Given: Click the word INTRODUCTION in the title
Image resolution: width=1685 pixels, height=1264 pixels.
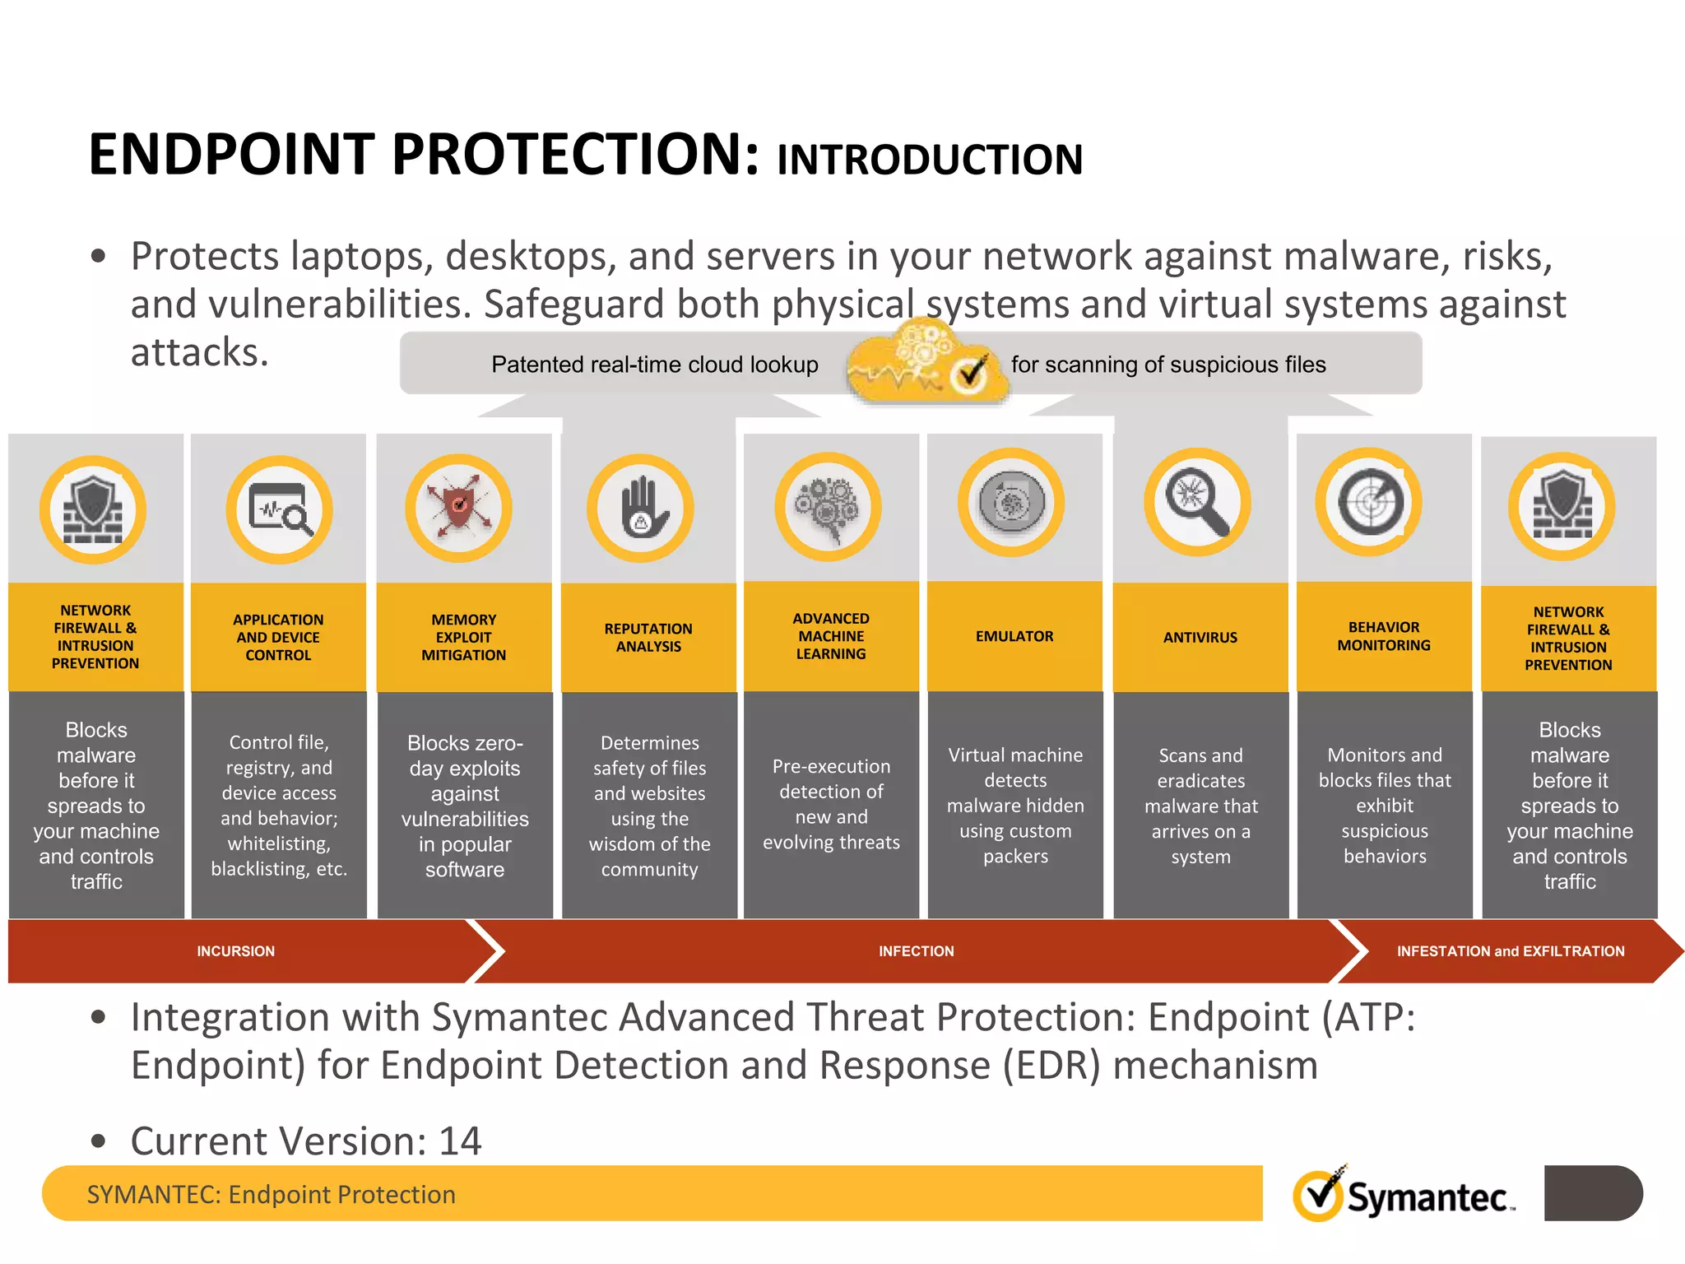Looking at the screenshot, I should (929, 160).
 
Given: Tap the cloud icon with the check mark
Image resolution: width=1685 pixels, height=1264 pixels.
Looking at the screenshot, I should (928, 365).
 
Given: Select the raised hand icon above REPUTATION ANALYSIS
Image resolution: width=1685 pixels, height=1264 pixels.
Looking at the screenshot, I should (640, 508).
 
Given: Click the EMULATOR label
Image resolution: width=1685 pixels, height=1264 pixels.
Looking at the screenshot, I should (1014, 636).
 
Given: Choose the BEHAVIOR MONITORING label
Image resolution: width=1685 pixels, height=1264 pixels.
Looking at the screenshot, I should (1383, 636).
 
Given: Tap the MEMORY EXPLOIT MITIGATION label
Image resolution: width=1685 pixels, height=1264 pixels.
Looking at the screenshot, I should (463, 637).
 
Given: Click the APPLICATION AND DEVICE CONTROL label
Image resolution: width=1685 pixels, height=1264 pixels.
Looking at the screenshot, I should (278, 637).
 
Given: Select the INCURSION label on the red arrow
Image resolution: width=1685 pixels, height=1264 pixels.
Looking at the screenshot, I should (235, 951).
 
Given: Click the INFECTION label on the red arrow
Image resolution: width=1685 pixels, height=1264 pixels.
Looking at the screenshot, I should (916, 951).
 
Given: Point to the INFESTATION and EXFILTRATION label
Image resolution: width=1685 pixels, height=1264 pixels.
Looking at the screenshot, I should (1510, 951).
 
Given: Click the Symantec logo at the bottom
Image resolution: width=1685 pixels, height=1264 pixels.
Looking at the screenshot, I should (1404, 1195).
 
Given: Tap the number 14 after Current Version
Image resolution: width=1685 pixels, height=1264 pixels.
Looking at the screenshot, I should (460, 1141).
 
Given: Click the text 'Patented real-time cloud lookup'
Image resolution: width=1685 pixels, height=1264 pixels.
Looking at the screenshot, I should (654, 365).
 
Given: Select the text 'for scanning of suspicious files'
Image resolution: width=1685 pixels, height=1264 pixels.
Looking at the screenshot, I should (1167, 365).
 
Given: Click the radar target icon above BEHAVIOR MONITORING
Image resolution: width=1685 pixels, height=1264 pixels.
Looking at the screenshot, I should (1368, 502).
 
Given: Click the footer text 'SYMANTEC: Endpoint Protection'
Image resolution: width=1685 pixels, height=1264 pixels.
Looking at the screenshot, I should (271, 1194).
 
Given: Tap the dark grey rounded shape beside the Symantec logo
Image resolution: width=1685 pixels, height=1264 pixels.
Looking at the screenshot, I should (1592, 1192).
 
